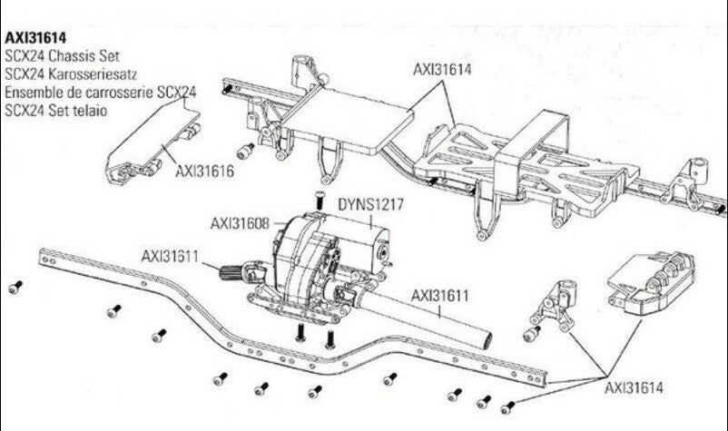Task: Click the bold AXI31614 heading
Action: pos(36,40)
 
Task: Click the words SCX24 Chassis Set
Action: pos(63,57)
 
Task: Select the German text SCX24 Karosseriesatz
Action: pos(74,74)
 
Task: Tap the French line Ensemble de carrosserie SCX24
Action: pos(100,93)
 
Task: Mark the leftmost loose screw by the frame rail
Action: pos(13,288)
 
